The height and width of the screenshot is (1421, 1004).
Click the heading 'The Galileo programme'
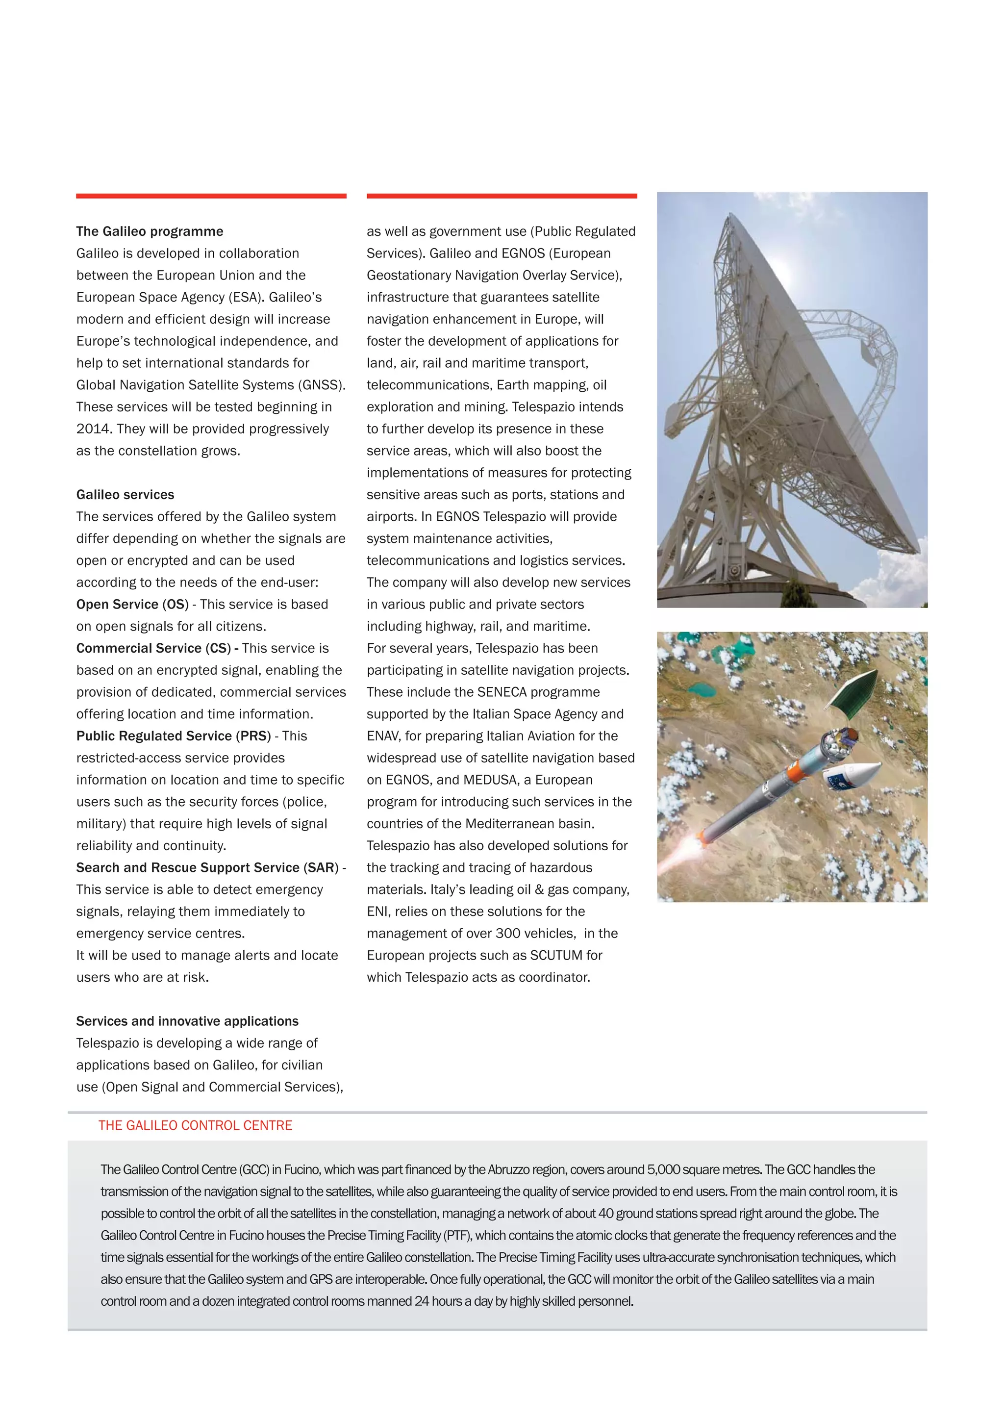(x=150, y=231)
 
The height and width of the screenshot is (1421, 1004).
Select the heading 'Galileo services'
(x=125, y=494)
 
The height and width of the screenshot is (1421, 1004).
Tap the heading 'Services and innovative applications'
(x=187, y=1021)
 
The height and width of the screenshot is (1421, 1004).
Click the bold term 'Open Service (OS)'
(x=132, y=604)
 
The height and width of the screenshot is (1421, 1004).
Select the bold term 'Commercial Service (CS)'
(x=153, y=648)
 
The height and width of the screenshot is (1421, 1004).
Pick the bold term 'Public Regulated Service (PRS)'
(x=173, y=736)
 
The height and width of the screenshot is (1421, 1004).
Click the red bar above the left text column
(x=211, y=196)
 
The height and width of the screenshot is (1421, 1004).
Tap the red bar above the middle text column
(x=502, y=196)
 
